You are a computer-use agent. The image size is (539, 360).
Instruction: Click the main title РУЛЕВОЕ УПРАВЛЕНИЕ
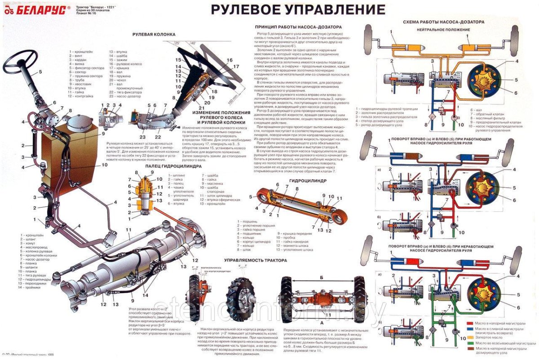pos(298,9)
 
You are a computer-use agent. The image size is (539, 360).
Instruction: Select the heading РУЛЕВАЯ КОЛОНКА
pos(154,34)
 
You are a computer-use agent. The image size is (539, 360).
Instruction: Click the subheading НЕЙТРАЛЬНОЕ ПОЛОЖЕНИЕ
pos(443,30)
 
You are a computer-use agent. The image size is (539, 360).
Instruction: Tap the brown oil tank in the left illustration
pos(67,157)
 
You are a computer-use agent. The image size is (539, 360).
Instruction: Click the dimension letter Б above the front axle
pos(321,278)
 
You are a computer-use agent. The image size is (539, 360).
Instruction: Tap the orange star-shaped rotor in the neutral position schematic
pos(484,80)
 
